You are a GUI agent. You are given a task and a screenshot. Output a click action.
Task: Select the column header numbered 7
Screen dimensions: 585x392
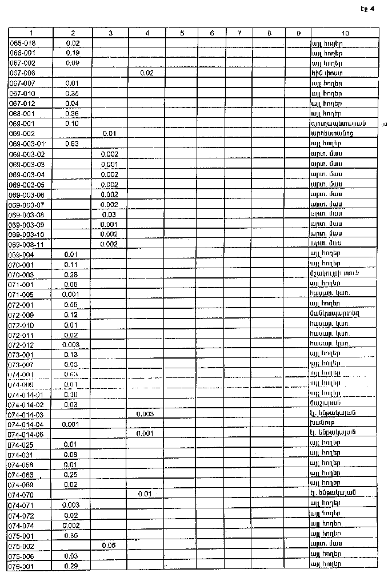pos(239,33)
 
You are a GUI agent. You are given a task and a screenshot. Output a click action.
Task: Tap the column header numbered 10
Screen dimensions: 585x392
pos(345,33)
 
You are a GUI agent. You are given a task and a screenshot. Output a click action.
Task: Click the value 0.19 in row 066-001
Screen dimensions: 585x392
pos(73,53)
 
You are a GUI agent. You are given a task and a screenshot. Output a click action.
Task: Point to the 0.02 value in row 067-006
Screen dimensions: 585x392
pos(147,73)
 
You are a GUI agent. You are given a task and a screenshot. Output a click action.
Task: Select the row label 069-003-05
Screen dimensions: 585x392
pos(29,185)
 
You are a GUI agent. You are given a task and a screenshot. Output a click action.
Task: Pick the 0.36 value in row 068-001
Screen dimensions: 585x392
pos(73,113)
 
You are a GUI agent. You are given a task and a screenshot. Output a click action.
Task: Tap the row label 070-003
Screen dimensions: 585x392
pos(21,274)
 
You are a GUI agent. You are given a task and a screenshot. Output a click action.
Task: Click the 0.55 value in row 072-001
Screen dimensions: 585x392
pos(73,305)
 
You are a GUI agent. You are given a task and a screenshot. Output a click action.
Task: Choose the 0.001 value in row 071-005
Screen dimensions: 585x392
pos(73,295)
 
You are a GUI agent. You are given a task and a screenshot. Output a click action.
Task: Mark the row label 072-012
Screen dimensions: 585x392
pos(21,344)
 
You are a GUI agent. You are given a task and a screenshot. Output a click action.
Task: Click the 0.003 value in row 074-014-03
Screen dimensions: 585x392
pos(147,413)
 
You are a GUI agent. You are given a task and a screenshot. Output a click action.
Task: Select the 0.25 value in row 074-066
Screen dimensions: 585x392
pos(73,475)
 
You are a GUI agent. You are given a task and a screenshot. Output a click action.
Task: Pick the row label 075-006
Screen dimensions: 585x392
pos(21,555)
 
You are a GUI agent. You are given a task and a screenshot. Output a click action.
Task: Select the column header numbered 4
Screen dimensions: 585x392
pos(147,33)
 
